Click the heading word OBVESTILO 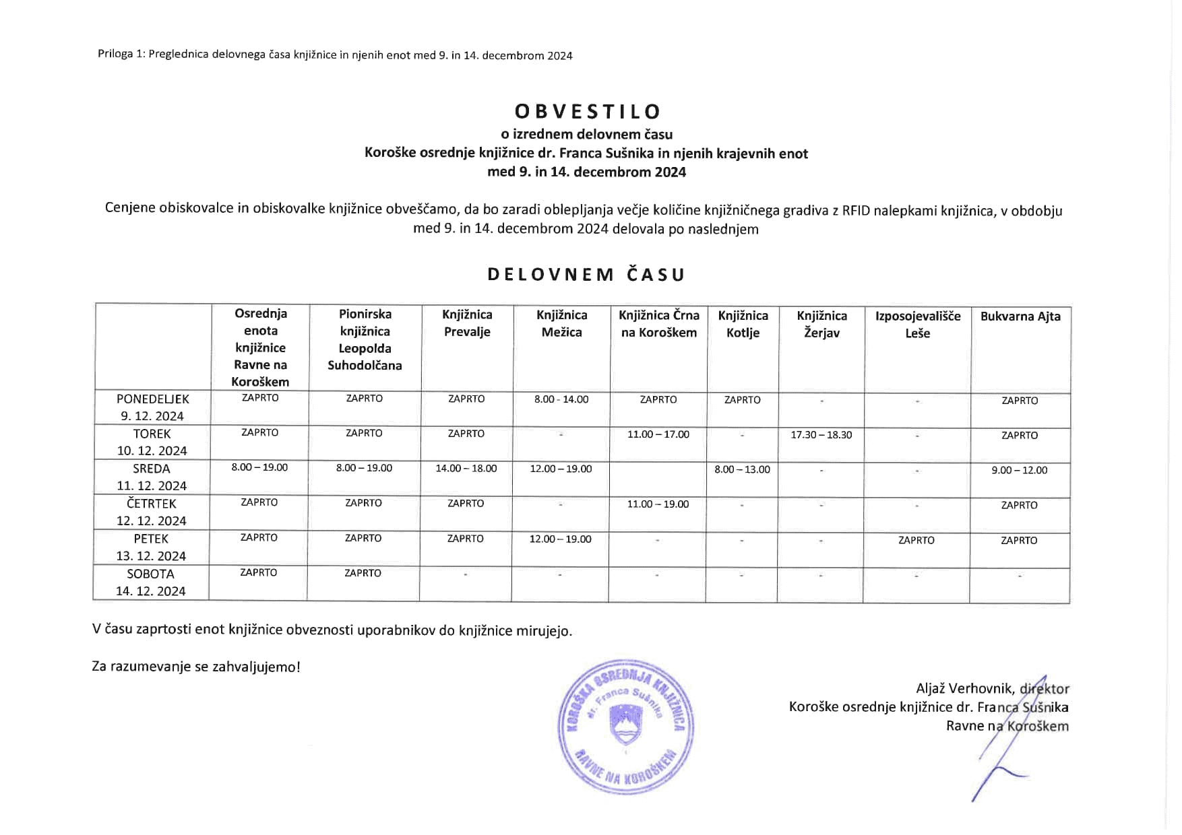click(588, 112)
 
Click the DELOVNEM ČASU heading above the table click(586, 275)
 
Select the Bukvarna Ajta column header click(1020, 316)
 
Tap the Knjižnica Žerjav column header click(821, 324)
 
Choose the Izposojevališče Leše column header click(917, 325)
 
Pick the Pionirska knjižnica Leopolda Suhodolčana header click(365, 339)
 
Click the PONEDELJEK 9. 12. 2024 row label click(152, 407)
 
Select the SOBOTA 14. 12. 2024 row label click(151, 582)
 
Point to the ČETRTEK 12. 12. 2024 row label click(152, 512)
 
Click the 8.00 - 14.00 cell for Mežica click(561, 399)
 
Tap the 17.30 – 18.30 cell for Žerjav click(821, 435)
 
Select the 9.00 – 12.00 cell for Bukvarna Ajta click(1019, 470)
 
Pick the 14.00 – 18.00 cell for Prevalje click(466, 468)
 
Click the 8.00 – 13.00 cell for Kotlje click(742, 469)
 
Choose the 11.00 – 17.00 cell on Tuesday click(658, 434)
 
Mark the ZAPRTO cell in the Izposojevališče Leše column click(916, 540)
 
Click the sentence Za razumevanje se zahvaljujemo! click(196, 667)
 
